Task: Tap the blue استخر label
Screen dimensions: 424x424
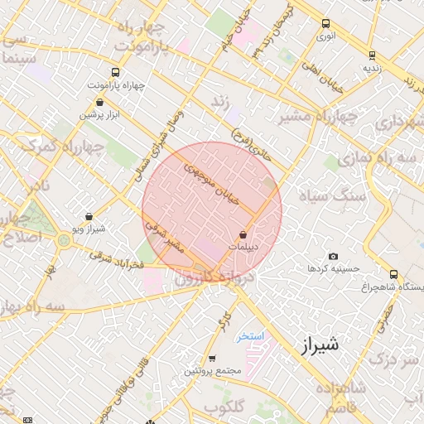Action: click(249, 336)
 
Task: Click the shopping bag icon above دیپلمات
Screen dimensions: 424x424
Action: click(242, 234)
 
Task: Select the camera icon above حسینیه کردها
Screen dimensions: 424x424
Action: click(333, 257)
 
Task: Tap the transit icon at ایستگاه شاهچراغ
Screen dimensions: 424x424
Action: click(393, 274)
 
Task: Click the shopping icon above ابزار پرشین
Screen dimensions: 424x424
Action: click(99, 103)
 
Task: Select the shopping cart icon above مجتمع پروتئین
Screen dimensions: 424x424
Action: click(213, 359)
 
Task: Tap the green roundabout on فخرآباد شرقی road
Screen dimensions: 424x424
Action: click(64, 241)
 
